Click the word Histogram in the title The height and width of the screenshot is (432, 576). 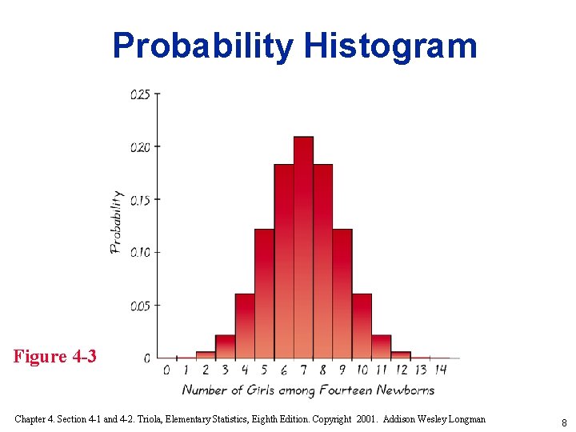390,46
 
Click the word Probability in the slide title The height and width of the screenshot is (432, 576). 203,46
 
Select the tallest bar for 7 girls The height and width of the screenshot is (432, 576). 303,248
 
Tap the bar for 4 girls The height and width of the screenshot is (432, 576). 245,326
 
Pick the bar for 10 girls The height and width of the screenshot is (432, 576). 362,326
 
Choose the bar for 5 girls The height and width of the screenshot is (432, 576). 264,294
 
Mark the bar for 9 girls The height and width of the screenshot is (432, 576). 342,294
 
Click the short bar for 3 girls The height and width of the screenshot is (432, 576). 226,346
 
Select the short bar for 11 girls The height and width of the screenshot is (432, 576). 382,346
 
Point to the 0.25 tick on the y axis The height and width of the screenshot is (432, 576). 140,94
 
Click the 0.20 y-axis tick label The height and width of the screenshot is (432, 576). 140,147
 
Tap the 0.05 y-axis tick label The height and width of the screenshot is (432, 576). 140,306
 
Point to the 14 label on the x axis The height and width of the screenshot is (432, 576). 441,370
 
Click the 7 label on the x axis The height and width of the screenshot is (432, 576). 303,370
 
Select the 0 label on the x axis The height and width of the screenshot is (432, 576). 166,370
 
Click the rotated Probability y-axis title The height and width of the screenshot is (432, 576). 117,222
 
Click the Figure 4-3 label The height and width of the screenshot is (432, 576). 54,356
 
